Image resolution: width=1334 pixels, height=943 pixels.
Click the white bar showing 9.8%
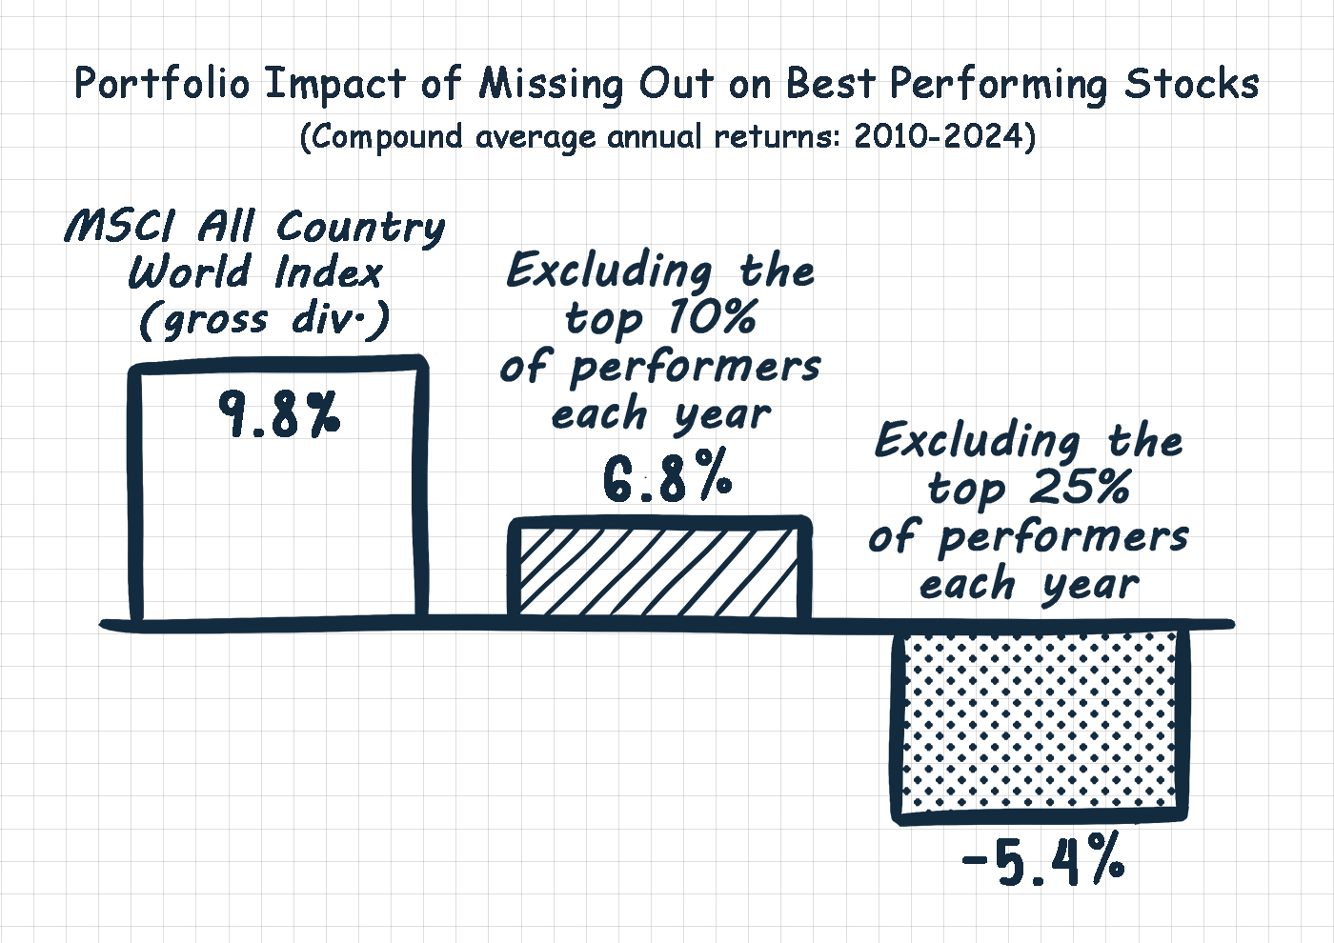[x=278, y=488]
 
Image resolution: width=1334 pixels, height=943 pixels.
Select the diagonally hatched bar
[x=659, y=568]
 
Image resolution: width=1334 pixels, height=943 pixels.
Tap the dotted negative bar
[x=1040, y=726]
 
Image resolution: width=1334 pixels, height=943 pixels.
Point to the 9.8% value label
[x=279, y=414]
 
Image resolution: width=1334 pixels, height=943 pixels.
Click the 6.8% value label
[x=667, y=475]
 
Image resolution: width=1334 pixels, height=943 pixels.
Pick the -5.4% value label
[x=1042, y=860]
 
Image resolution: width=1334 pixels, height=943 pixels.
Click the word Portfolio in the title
[x=161, y=84]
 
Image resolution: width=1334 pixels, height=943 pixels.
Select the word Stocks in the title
[x=1191, y=84]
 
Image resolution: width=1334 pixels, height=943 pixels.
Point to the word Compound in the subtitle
[x=386, y=137]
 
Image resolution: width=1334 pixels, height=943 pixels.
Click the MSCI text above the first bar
[x=120, y=227]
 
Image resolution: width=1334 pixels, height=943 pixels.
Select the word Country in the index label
[x=360, y=230]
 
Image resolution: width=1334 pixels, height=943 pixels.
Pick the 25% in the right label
[x=1079, y=487]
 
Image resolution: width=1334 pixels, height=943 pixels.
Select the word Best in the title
[x=831, y=84]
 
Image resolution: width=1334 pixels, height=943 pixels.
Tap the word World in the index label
[x=189, y=272]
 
